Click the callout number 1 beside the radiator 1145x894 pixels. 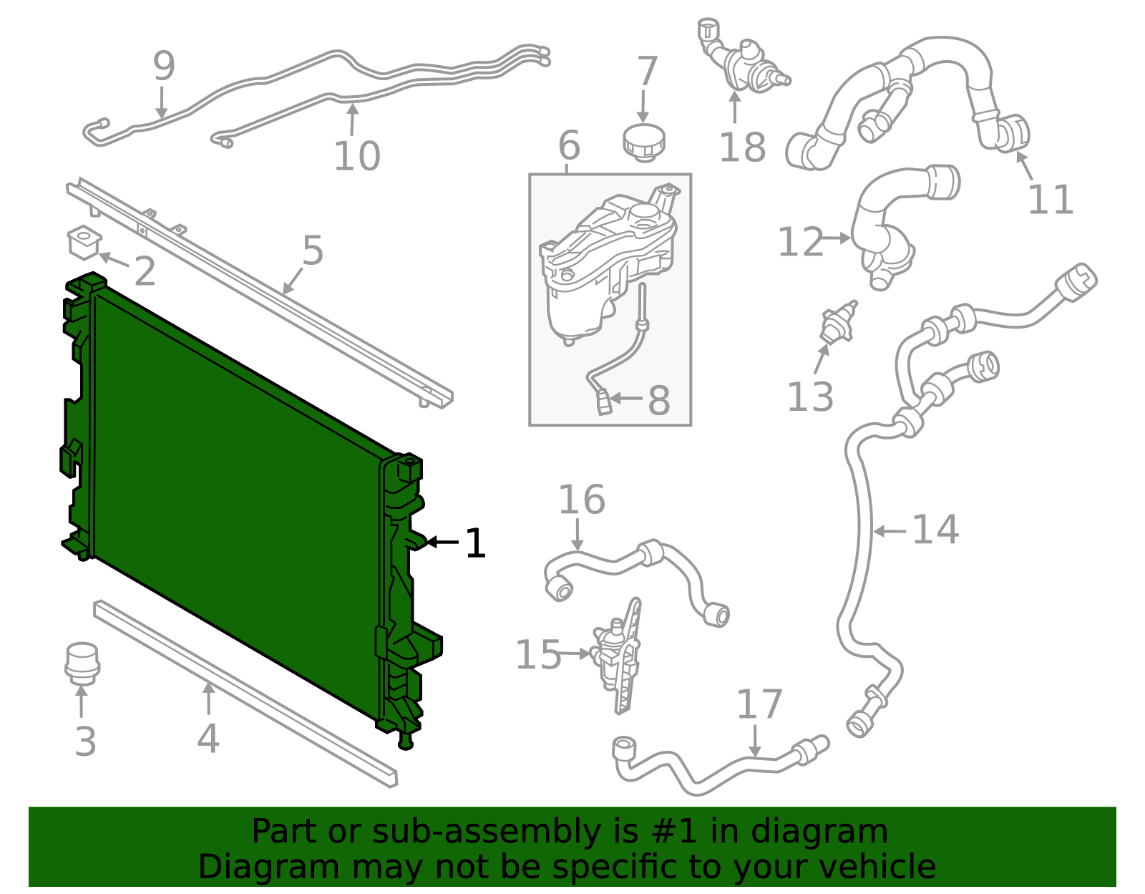tap(475, 543)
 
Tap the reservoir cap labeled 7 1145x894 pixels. tap(644, 142)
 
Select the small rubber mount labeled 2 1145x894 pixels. tap(84, 242)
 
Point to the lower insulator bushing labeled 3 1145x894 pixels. tap(82, 662)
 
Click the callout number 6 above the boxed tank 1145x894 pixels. tap(569, 145)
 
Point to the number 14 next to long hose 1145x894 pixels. tap(935, 530)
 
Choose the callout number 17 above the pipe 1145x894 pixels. tap(759, 704)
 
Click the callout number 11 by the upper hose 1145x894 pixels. tap(1051, 200)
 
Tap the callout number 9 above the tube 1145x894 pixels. tap(164, 66)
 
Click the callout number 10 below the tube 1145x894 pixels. tap(356, 155)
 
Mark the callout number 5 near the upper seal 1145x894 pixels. tap(313, 251)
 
